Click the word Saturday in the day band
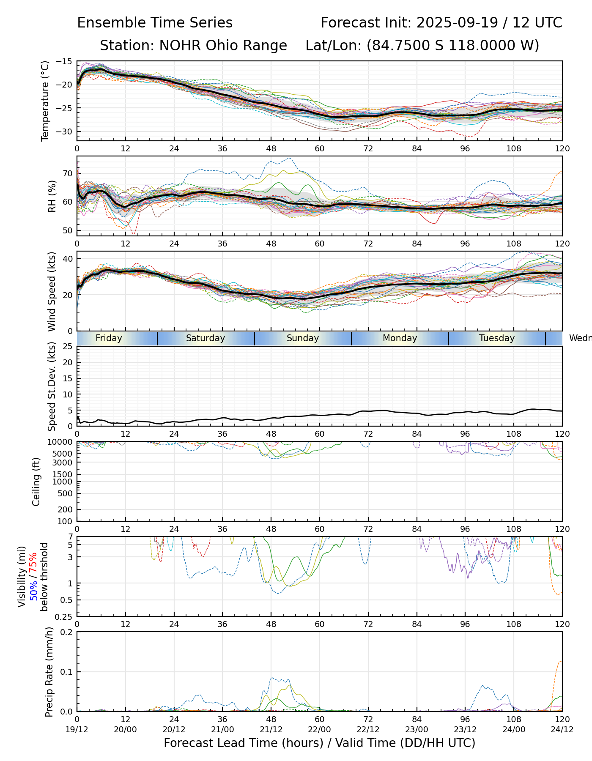click(x=206, y=338)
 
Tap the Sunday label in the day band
click(x=303, y=338)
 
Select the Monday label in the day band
click(x=400, y=338)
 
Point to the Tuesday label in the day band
click(x=497, y=338)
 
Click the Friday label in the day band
click(x=109, y=338)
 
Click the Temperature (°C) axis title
click(x=45, y=101)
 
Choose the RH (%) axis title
click(x=52, y=196)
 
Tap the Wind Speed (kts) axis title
click(x=52, y=291)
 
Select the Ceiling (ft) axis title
click(x=36, y=482)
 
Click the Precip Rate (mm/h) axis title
click(x=49, y=672)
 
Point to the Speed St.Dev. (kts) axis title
click(x=52, y=386)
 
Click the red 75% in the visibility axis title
click(x=34, y=563)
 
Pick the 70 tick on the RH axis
click(x=68, y=173)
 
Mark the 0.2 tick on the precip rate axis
click(x=66, y=632)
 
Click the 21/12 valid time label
click(x=271, y=729)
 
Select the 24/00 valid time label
click(x=514, y=729)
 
